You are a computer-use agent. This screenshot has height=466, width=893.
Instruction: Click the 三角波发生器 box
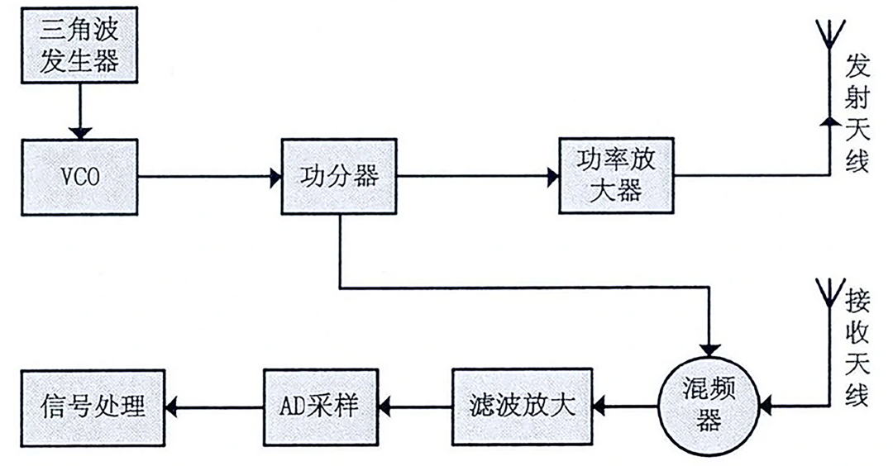coord(79,45)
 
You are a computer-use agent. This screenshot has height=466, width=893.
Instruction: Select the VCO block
coord(79,177)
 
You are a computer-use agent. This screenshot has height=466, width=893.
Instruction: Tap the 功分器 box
coord(339,176)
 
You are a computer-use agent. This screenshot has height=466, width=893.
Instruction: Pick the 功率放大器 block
coord(616,175)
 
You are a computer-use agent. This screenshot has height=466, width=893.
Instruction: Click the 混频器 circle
coord(709,405)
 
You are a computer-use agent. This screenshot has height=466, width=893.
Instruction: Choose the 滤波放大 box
coord(523,407)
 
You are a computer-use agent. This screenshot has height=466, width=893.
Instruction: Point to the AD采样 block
coord(321,407)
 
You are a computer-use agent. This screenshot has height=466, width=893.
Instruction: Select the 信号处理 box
coord(93,408)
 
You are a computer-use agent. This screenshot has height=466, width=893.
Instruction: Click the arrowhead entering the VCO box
coord(79,133)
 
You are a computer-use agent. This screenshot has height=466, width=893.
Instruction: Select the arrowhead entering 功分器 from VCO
coord(275,177)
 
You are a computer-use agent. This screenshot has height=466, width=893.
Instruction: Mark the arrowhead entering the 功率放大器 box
coord(552,176)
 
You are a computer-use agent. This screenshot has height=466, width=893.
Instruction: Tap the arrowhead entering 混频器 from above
coord(709,349)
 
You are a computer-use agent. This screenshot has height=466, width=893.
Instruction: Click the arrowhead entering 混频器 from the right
coord(766,407)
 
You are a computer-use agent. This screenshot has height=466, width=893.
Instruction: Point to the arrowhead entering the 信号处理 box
coord(172,407)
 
